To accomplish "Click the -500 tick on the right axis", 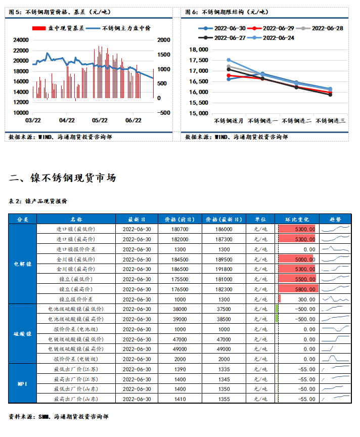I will [164, 113].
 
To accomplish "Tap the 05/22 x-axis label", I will [100, 120].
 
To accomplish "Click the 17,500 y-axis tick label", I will [198, 60].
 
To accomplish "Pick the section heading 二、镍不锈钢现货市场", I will [63, 178].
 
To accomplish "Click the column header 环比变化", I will [297, 220].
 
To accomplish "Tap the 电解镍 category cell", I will [23, 264].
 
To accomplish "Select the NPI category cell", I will [23, 383].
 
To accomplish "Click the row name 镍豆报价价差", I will [76, 299].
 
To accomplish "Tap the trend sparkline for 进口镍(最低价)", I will [336, 229].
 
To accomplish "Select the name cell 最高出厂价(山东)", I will [76, 399].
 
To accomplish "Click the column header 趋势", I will [335, 220].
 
